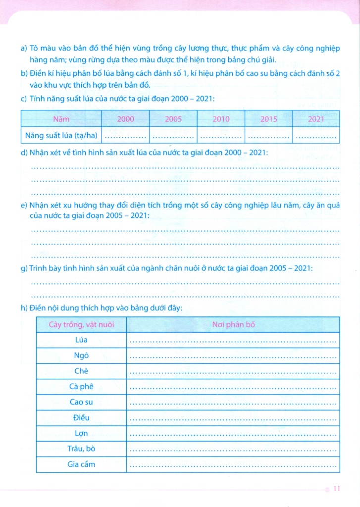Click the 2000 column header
(126, 119)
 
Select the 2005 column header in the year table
(173, 119)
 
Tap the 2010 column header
(221, 119)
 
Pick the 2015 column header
(268, 119)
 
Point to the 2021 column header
(316, 119)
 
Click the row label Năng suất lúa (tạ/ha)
(61, 134)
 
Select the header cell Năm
(61, 119)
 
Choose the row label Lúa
(81, 340)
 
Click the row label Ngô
(81, 355)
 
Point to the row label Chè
(81, 371)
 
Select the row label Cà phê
(81, 387)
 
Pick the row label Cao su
(81, 402)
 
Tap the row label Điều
(81, 418)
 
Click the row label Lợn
(81, 433)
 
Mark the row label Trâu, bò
(81, 449)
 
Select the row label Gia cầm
(81, 464)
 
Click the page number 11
(337, 489)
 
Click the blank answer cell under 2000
(126, 135)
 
